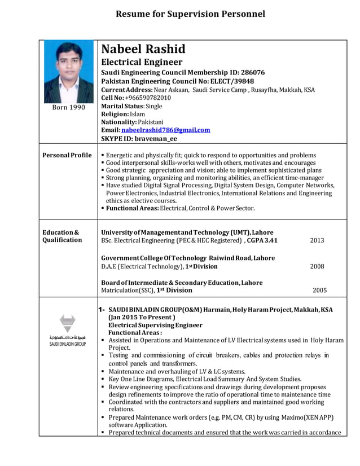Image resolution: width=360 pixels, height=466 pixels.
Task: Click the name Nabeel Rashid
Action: (x=143, y=49)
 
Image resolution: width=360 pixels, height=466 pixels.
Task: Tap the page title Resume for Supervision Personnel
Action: (x=190, y=14)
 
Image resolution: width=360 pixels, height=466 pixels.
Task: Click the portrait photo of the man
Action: (x=69, y=72)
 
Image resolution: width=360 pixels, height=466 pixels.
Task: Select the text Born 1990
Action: (x=69, y=108)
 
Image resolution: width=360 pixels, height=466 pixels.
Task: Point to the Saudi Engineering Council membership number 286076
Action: (x=253, y=73)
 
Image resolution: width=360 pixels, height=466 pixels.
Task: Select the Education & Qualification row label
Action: (x=62, y=236)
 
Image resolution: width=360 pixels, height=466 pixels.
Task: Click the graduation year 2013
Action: (x=317, y=240)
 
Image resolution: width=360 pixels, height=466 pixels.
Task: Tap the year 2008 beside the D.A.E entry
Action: (x=317, y=266)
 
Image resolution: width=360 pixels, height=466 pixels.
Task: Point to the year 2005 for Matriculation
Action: (x=319, y=291)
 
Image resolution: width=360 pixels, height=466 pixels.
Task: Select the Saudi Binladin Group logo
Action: (x=68, y=331)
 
